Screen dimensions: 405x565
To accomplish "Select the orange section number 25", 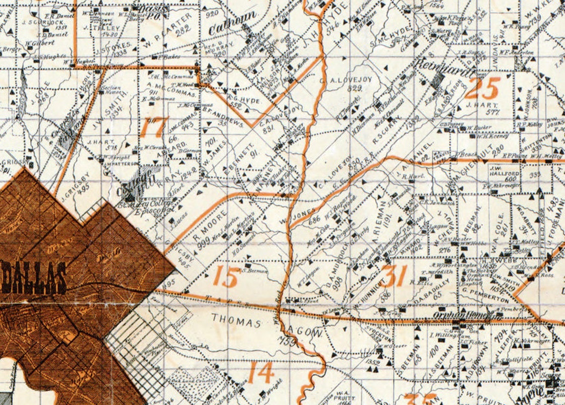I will point(482,88).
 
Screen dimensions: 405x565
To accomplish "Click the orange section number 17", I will point(154,127).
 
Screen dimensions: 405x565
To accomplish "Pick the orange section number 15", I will point(227,276).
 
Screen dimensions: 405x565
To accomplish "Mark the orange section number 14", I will point(260,372).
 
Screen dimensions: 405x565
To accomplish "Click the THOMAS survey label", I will point(236,323).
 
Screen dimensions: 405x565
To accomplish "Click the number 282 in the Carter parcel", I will point(183,29).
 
